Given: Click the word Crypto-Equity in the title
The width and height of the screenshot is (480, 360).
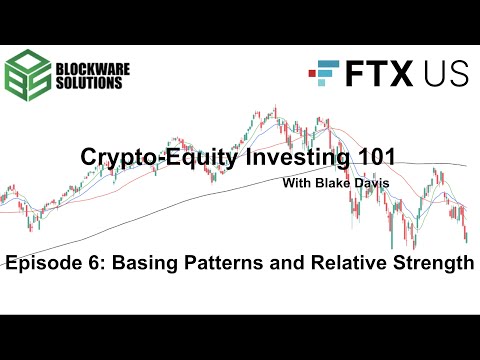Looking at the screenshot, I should point(147,159).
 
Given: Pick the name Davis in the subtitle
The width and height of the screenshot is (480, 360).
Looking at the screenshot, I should point(369,182).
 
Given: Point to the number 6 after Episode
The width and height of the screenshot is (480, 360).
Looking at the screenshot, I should point(95,264).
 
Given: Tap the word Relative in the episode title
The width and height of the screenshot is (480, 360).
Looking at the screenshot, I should point(335,264).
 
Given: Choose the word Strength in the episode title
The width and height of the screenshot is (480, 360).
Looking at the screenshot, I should point(424,264).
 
